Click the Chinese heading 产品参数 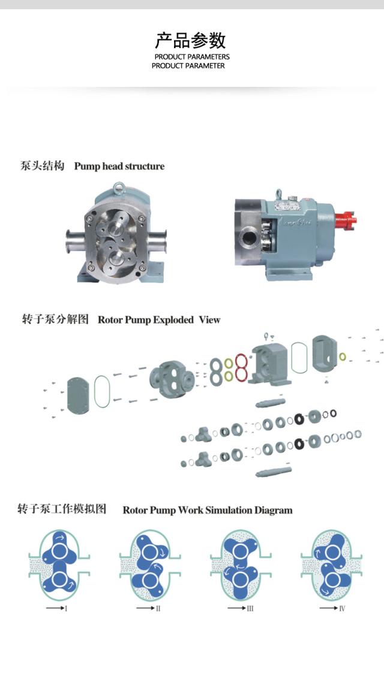pos(191,40)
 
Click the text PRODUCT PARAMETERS pos(192,57)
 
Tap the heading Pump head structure pos(119,166)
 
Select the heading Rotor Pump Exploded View pos(158,319)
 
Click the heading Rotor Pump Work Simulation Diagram pos(208,510)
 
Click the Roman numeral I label pos(65,609)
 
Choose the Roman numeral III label pos(250,609)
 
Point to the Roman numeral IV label pos(341,609)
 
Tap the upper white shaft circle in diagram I pos(59,550)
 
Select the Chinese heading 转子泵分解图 pos(55,319)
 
